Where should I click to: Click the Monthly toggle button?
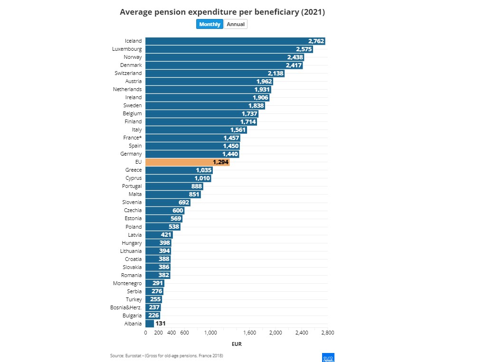(x=209, y=24)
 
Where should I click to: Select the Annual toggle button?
(x=236, y=24)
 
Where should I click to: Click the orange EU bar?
(x=187, y=162)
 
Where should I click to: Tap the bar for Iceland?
(x=235, y=41)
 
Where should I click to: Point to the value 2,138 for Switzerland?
(x=276, y=74)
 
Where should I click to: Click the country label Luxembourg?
(x=127, y=49)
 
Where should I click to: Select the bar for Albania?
(x=150, y=324)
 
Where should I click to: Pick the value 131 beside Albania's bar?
(x=161, y=324)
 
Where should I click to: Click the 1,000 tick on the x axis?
(x=210, y=333)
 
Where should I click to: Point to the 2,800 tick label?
(x=327, y=333)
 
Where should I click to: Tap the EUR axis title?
(x=237, y=344)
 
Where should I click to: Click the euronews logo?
(x=328, y=357)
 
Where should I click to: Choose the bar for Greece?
(x=179, y=170)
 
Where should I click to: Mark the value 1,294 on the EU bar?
(x=221, y=162)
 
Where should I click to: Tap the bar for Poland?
(x=162, y=227)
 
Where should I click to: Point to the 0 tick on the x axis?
(x=145, y=333)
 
